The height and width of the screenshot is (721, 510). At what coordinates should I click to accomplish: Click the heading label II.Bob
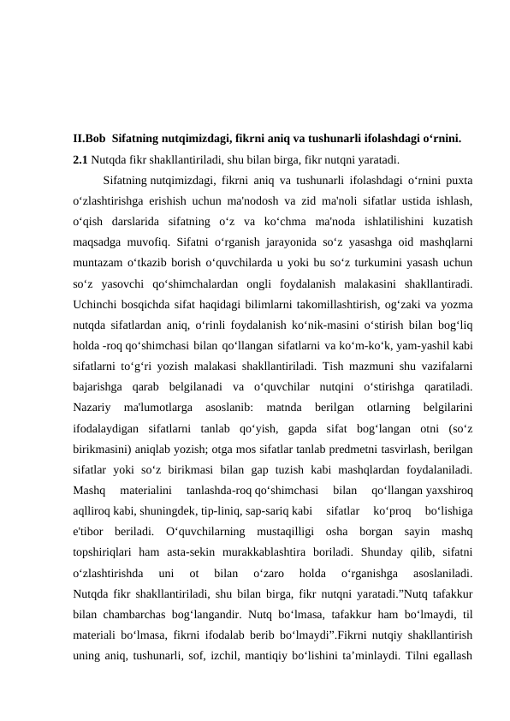click(x=90, y=136)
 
